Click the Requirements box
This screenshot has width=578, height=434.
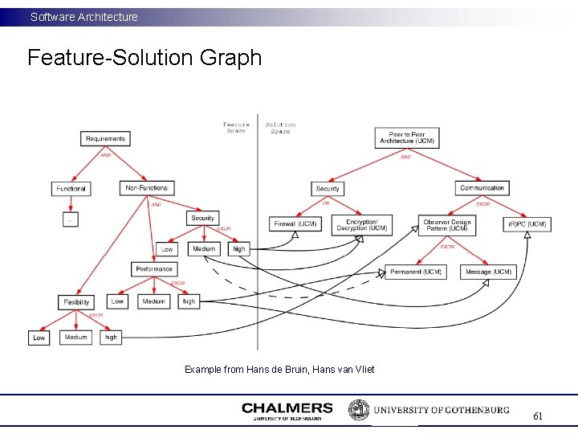(105, 139)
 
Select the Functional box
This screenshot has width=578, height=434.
(71, 189)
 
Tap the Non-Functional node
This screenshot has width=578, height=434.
(145, 188)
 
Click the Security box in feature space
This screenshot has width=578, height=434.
(202, 218)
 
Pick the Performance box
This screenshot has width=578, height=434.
(153, 269)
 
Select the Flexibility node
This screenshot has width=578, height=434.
(76, 302)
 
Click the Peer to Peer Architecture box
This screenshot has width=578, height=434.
(407, 137)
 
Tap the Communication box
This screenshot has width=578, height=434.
(482, 188)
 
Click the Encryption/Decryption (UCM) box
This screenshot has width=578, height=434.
(362, 224)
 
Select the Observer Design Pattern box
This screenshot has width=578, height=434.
(447, 225)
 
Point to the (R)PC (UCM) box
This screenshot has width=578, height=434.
(527, 224)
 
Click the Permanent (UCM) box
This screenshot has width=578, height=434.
(416, 272)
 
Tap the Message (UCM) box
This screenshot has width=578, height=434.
(488, 272)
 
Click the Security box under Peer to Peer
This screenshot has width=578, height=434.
(328, 189)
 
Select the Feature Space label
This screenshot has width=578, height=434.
(236, 128)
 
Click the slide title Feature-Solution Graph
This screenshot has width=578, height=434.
(144, 58)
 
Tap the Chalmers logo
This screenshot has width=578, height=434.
(287, 411)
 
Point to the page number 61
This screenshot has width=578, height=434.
(538, 416)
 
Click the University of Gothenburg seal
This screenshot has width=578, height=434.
(358, 410)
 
